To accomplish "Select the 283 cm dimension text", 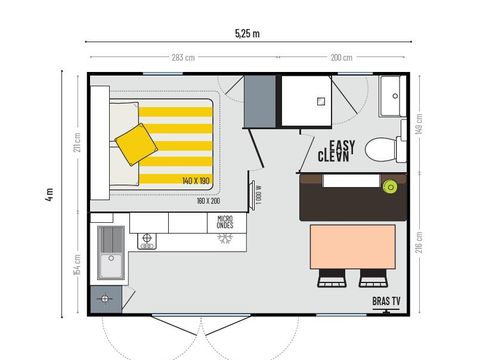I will click(x=182, y=57).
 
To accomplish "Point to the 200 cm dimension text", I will click(x=341, y=57).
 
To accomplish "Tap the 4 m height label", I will click(x=49, y=192).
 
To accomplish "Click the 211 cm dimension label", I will click(x=76, y=144).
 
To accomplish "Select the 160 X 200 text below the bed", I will click(x=208, y=201).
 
